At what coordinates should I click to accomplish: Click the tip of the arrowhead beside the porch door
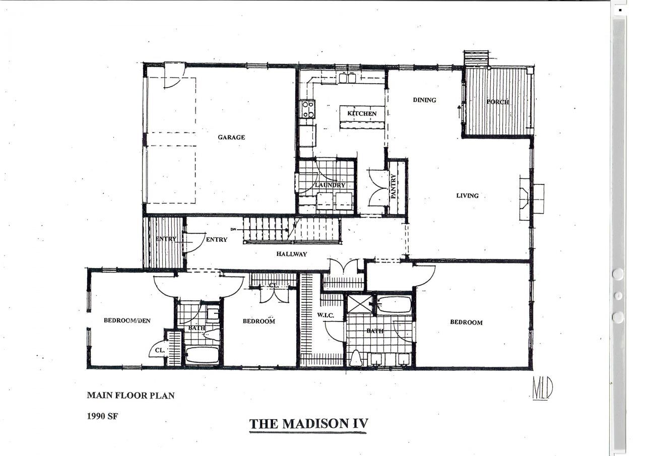(459, 106)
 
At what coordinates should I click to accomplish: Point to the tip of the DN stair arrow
(288, 230)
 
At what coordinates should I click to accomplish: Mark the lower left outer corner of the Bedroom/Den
(87, 369)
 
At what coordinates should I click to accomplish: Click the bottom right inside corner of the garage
(295, 213)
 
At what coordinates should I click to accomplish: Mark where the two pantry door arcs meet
(379, 189)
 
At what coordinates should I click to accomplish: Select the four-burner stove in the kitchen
(307, 109)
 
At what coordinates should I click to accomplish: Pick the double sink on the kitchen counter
(348, 78)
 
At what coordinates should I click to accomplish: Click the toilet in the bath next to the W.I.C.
(356, 358)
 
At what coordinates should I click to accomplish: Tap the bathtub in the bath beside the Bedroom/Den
(202, 355)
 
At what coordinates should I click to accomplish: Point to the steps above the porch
(476, 58)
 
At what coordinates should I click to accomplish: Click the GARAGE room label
(231, 138)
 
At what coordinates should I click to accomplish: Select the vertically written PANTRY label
(394, 186)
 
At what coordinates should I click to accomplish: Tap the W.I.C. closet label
(326, 315)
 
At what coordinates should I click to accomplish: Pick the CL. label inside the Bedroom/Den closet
(160, 350)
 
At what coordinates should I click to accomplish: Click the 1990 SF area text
(102, 416)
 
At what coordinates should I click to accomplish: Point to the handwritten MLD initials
(543, 388)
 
